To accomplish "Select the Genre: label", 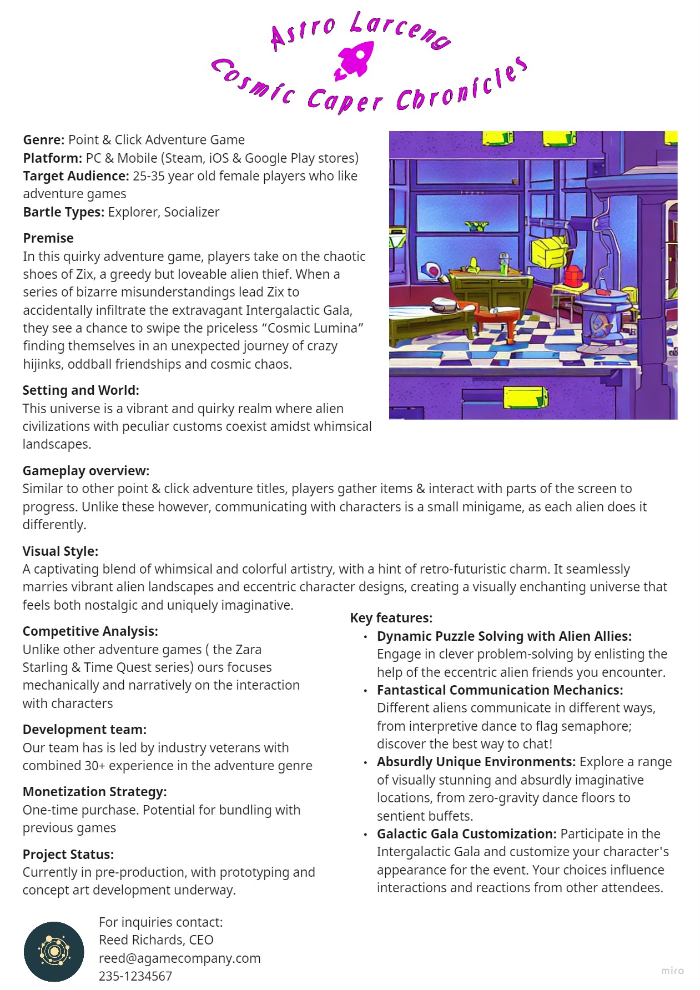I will point(44,140).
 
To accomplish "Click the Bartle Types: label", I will point(63,212).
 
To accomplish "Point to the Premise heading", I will point(48,238).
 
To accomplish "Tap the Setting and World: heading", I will point(80,390).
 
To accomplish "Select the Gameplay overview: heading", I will point(85,471).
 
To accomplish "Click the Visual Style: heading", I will point(60,551).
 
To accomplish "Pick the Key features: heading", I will point(391,618).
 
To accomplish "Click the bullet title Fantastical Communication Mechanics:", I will point(500,690).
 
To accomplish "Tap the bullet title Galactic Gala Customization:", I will point(466,834).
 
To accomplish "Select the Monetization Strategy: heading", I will point(94,792).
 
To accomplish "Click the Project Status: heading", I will point(68,855).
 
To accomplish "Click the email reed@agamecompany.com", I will point(179,958).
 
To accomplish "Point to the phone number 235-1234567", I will point(135,976).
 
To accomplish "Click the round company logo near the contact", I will point(54,952).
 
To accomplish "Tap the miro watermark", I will point(672,971).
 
